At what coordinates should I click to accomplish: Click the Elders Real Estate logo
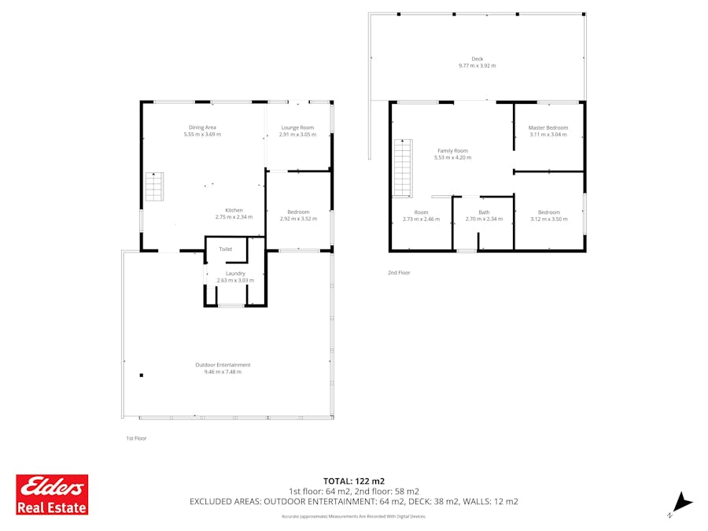(52, 494)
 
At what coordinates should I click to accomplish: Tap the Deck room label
(478, 58)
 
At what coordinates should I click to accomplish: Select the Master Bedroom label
(548, 127)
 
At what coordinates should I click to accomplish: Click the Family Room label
(452, 150)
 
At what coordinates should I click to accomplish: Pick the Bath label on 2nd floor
(484, 212)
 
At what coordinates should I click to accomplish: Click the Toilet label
(226, 249)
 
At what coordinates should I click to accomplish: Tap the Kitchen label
(234, 210)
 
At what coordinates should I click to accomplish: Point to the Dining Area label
(202, 127)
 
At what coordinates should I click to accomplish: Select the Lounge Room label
(297, 127)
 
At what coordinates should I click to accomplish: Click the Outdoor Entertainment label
(223, 364)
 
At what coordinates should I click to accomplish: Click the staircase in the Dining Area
(153, 186)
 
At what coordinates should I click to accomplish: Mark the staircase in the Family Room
(402, 168)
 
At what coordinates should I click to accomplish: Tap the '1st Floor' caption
(136, 438)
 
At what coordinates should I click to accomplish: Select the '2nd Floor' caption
(399, 272)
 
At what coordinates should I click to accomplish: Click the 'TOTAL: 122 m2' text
(354, 481)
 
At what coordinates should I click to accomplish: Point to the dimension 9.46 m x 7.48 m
(223, 371)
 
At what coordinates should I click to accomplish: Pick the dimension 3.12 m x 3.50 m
(549, 219)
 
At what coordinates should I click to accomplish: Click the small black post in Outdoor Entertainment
(141, 375)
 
